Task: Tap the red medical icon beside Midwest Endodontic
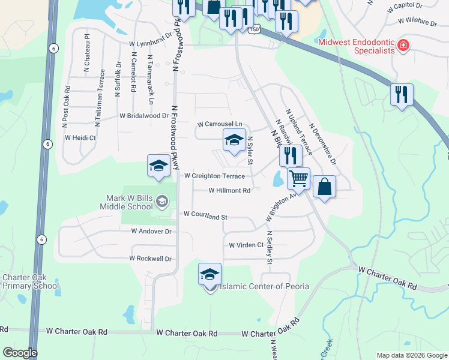pos(403,45)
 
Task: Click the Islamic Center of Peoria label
pos(264,286)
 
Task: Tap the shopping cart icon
pos(298,178)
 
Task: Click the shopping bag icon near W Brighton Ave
pos(324,186)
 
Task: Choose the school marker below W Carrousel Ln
pos(234,140)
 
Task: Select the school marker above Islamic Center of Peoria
pos(209,274)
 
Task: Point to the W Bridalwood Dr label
pos(144,115)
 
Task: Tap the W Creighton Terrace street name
pos(214,176)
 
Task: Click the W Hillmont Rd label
pos(229,190)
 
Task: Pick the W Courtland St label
pos(205,214)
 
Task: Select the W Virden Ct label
pos(246,245)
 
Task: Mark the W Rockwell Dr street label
pos(150,259)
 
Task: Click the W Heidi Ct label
pos(80,137)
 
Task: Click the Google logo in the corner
pos(20,353)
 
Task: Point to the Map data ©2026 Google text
pos(411,355)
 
